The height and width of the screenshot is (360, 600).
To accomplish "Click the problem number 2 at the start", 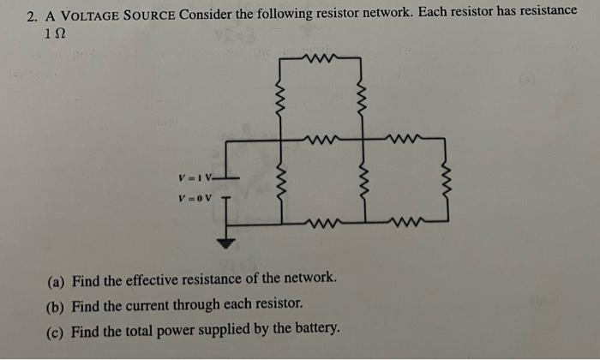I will coord(31,15).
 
